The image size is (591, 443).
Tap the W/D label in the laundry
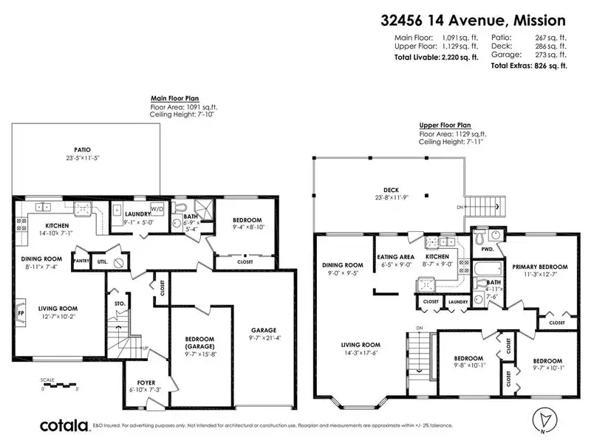tap(157, 207)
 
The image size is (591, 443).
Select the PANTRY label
tap(81, 260)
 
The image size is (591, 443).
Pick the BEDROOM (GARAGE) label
tap(198, 343)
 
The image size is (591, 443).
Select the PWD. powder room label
tap(487, 250)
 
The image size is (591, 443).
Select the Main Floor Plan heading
tap(176, 97)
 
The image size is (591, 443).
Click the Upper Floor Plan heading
tap(444, 126)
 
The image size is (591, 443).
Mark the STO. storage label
tap(118, 303)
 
